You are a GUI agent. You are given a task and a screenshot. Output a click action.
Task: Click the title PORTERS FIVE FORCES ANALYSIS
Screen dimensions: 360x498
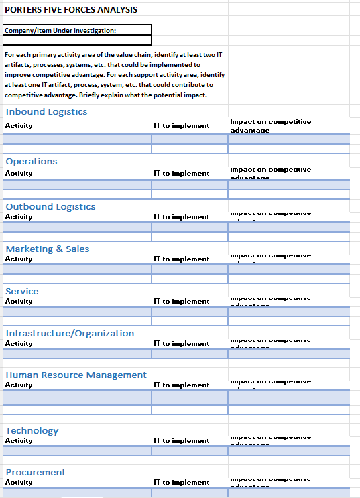pyautogui.click(x=71, y=9)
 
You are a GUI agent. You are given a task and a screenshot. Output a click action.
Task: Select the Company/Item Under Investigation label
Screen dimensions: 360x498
pyautogui.click(x=60, y=30)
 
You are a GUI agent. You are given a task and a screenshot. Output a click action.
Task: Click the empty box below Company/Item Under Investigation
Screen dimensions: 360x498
pyautogui.click(x=76, y=39)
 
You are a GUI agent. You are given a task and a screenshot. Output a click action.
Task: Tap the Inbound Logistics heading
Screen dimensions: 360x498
pyautogui.click(x=46, y=111)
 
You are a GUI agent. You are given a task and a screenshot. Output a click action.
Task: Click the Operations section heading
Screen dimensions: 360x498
pyautogui.click(x=32, y=161)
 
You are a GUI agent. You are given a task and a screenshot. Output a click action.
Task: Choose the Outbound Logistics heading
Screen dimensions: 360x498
pyautogui.click(x=50, y=206)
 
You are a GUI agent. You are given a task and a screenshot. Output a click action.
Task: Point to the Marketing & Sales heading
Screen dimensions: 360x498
pyautogui.click(x=48, y=249)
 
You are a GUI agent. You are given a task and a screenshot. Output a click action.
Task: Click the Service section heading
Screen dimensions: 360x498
pyautogui.click(x=22, y=291)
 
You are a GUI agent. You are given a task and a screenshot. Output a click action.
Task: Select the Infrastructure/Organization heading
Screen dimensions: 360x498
pyautogui.click(x=70, y=333)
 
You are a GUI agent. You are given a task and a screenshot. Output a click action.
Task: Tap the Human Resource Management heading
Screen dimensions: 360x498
pyautogui.click(x=76, y=375)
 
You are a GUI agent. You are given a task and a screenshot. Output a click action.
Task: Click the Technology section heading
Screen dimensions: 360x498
pyautogui.click(x=32, y=430)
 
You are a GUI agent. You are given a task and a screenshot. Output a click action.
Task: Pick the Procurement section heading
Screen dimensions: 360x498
pyautogui.click(x=36, y=472)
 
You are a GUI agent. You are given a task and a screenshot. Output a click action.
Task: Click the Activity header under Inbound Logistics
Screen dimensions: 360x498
pyautogui.click(x=19, y=126)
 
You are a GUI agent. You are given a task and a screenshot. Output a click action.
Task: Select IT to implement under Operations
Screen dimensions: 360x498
pyautogui.click(x=181, y=173)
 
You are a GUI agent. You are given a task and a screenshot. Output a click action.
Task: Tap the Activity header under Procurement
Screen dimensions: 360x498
pyautogui.click(x=19, y=482)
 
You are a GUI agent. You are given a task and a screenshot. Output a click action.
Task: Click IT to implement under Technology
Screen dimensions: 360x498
pyautogui.click(x=181, y=440)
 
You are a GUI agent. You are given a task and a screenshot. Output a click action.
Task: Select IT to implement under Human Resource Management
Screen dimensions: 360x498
pyautogui.click(x=181, y=385)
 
